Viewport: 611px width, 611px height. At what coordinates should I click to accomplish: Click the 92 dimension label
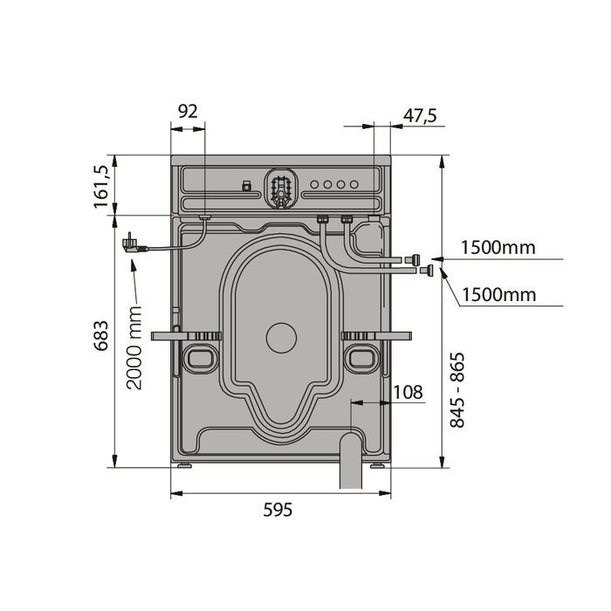point(188,112)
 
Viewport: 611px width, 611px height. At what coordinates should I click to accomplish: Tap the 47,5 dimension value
point(420,116)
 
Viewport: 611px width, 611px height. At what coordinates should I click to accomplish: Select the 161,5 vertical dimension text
point(100,187)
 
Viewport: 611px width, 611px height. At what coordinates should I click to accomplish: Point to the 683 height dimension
point(101,336)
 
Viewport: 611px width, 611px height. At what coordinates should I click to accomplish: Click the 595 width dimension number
point(278,510)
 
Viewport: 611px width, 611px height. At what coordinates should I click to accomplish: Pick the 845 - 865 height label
point(457,390)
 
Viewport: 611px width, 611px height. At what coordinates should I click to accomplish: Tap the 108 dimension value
point(408,393)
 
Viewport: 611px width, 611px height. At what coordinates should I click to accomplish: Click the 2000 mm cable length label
point(134,347)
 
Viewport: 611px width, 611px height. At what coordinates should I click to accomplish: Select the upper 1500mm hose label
point(498,247)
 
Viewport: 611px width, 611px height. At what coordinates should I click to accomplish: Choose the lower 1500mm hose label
point(499,295)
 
